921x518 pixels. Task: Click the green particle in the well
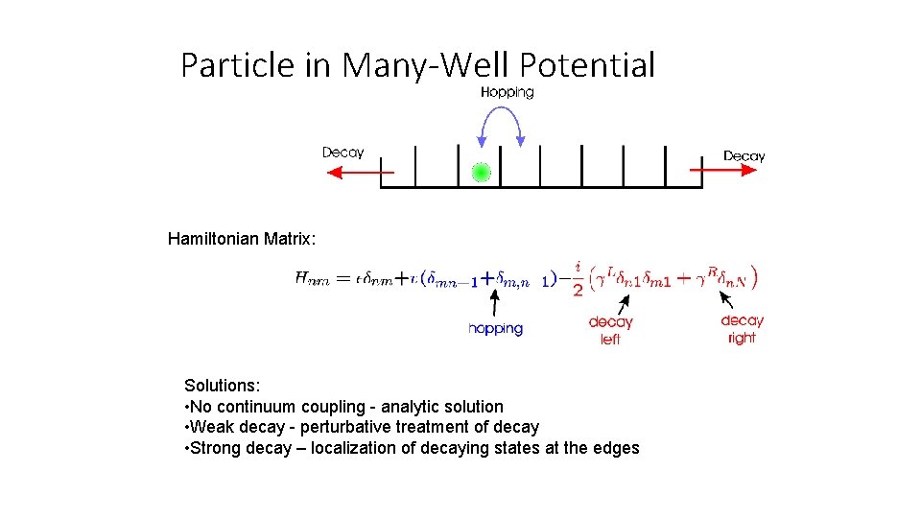482,173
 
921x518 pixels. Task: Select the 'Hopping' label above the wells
507,92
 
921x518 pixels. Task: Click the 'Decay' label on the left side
342,152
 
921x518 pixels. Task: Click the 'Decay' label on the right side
744,155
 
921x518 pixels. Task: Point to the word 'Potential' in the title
587,65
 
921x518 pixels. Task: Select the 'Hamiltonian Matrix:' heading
240,238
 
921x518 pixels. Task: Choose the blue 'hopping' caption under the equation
495,329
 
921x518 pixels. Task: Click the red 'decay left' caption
610,330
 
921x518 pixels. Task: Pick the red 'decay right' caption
742,329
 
